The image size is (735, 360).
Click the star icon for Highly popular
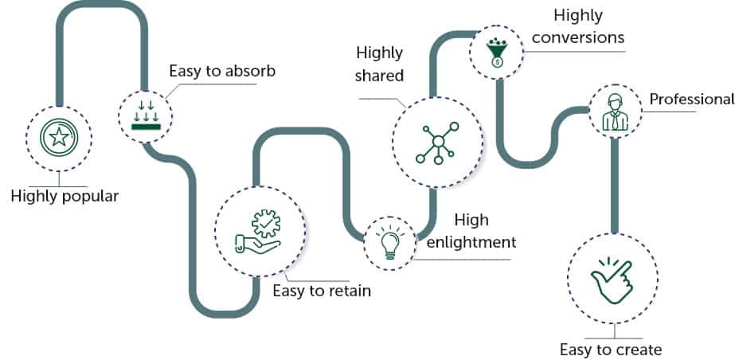coord(58,138)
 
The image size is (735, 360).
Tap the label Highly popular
coord(65,196)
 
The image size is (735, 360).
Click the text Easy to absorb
coord(222,71)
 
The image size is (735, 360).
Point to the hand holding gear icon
coord(260,231)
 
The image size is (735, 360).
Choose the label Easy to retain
coord(322,291)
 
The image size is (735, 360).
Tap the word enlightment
coord(471,241)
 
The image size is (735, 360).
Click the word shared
coord(381,76)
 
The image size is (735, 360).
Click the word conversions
coord(577,37)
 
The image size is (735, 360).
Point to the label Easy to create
coord(611,349)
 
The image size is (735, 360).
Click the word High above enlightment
coord(471,220)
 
